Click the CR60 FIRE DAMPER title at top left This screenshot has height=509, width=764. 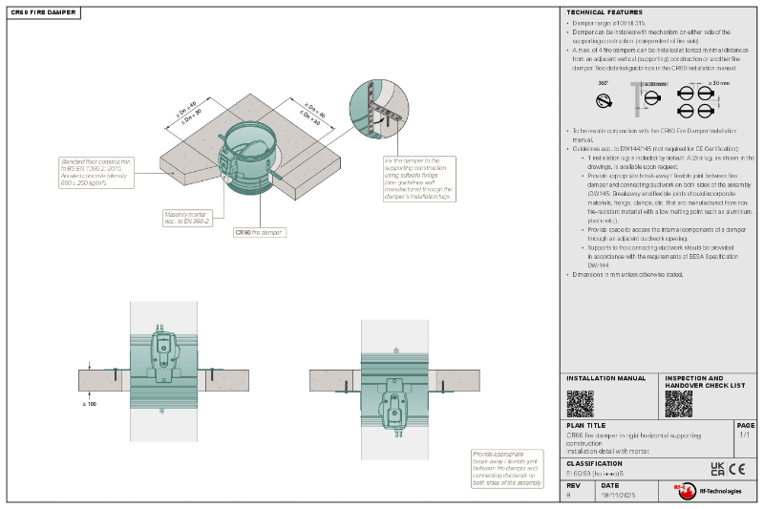[38, 12]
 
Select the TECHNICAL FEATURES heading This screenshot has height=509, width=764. [600, 12]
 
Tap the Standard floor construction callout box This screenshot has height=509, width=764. [96, 173]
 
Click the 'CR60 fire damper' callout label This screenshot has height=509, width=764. [260, 231]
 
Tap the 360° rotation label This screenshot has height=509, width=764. [603, 83]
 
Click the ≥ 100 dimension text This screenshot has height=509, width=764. [91, 404]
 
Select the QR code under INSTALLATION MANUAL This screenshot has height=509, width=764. [580, 403]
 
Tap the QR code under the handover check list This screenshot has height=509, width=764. [678, 403]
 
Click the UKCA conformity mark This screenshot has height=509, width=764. [717, 468]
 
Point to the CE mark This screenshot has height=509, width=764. [737, 468]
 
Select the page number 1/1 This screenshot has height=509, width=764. [744, 435]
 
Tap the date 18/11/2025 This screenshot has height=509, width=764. [617, 496]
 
